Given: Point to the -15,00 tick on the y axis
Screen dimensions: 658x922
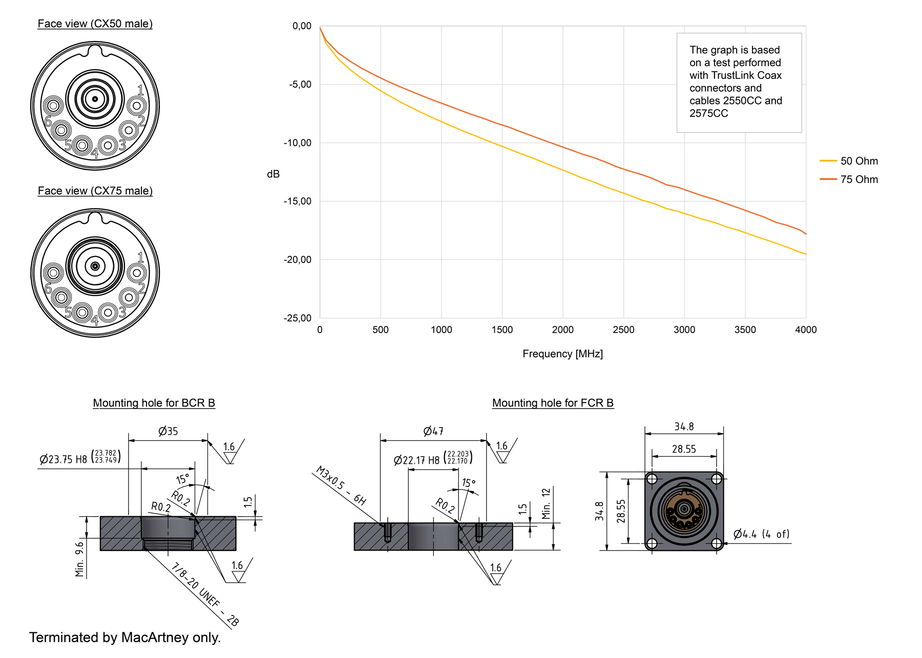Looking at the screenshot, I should (x=298, y=201).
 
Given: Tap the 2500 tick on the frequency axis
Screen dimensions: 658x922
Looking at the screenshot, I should (x=623, y=330).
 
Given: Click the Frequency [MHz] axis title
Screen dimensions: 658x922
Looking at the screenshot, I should (x=562, y=354).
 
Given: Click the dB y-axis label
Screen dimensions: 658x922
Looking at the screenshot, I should (x=273, y=174).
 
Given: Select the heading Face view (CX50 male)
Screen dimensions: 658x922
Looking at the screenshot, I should (x=95, y=24).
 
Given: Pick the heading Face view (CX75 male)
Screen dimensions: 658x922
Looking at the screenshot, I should (x=95, y=191).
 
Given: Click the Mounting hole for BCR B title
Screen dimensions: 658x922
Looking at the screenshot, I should (x=154, y=403).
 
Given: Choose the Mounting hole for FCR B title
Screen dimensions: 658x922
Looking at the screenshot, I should (x=553, y=403).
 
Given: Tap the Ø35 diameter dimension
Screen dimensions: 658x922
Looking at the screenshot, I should (x=168, y=431).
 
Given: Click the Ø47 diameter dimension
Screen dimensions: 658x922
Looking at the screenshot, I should (x=433, y=431).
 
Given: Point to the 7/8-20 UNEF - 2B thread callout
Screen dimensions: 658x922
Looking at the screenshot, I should (x=204, y=595).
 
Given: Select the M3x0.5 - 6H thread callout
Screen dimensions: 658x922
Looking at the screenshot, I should (x=341, y=485).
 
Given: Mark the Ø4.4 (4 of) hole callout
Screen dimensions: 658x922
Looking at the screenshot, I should (x=761, y=535).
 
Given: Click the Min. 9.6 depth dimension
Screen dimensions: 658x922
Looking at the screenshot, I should (x=80, y=559).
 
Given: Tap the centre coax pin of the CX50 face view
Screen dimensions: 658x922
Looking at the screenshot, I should (x=95, y=99).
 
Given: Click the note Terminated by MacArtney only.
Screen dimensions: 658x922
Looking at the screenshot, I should (x=125, y=638).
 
